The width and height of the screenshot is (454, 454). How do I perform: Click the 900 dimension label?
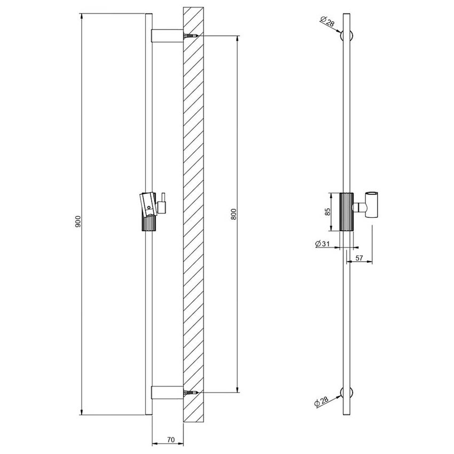(77, 222)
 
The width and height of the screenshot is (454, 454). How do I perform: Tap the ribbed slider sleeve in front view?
(346, 212)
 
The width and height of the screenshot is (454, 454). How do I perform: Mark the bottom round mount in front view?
(347, 393)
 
